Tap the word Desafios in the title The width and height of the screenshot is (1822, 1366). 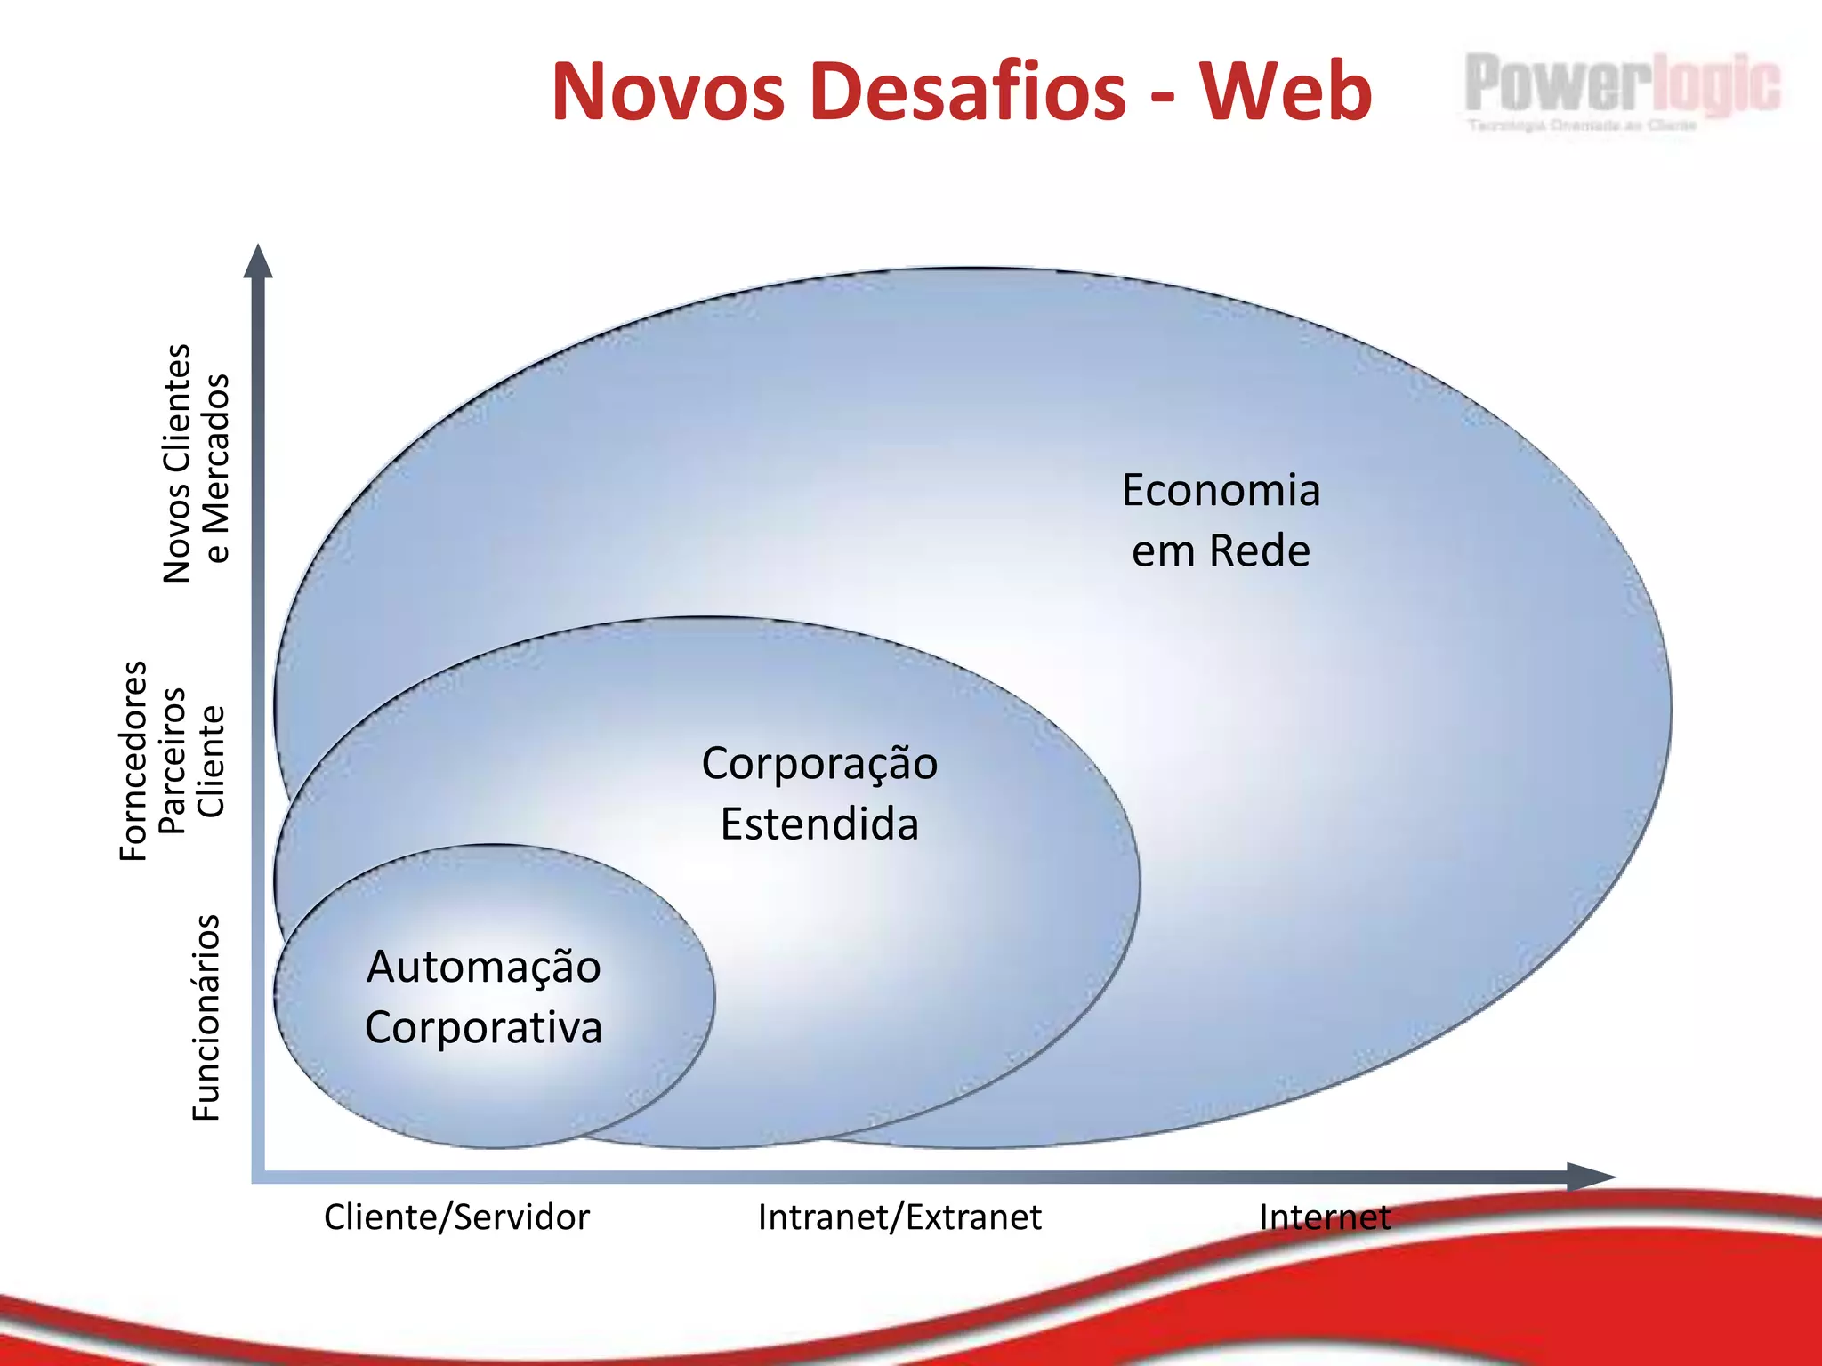pos(969,92)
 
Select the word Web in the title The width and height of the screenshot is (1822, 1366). pos(1286,92)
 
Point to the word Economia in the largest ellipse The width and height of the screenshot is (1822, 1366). pos(1221,491)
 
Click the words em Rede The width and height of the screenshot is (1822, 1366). pos(1221,551)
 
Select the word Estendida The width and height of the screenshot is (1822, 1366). pos(819,824)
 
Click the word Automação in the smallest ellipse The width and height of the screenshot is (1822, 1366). pos(484,968)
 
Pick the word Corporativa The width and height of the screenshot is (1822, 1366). pos(484,1028)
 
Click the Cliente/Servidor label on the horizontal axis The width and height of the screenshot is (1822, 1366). pos(456,1217)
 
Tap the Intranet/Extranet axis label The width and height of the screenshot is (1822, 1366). pos(899,1217)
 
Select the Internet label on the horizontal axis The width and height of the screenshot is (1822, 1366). pos(1325,1217)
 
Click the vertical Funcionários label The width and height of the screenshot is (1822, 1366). pos(206,1017)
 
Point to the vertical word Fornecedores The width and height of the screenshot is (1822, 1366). pos(133,761)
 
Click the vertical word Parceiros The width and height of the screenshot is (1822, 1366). pos(172,761)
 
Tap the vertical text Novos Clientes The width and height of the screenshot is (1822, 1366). pos(177,463)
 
